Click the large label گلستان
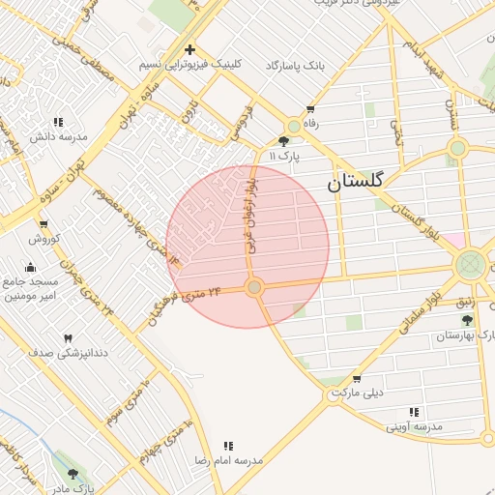click(356, 181)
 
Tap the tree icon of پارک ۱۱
click(282, 140)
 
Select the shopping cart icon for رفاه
click(309, 109)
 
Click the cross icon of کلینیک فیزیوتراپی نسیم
click(189, 49)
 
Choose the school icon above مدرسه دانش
click(58, 123)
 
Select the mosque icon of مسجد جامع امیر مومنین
click(30, 267)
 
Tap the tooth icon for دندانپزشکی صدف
click(68, 338)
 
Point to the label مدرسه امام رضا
click(228, 460)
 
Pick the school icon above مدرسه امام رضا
click(228, 446)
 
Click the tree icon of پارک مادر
click(73, 474)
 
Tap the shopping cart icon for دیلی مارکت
click(357, 379)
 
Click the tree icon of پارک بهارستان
click(468, 320)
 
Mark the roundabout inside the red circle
click(254, 287)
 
